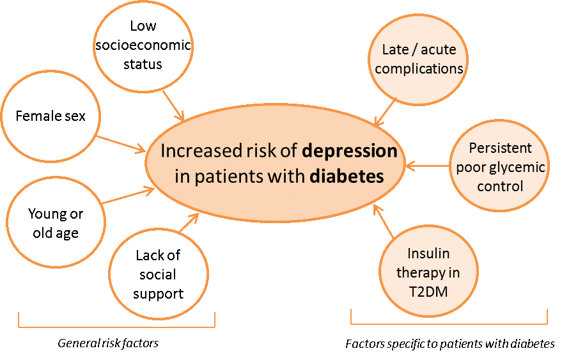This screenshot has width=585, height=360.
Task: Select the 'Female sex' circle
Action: tap(50, 117)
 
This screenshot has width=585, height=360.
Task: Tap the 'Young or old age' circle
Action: tap(56, 223)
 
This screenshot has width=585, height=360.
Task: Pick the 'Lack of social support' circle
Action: tap(159, 274)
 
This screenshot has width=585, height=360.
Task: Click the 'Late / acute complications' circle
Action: tap(418, 59)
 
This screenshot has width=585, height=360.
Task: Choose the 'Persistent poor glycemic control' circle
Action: tap(499, 168)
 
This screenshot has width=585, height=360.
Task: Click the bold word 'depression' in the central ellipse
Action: tap(350, 152)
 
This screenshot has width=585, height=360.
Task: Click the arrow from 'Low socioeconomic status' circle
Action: tap(173, 106)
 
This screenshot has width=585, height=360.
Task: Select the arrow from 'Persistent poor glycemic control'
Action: tap(428, 168)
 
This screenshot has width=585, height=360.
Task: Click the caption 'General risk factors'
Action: tap(107, 343)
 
